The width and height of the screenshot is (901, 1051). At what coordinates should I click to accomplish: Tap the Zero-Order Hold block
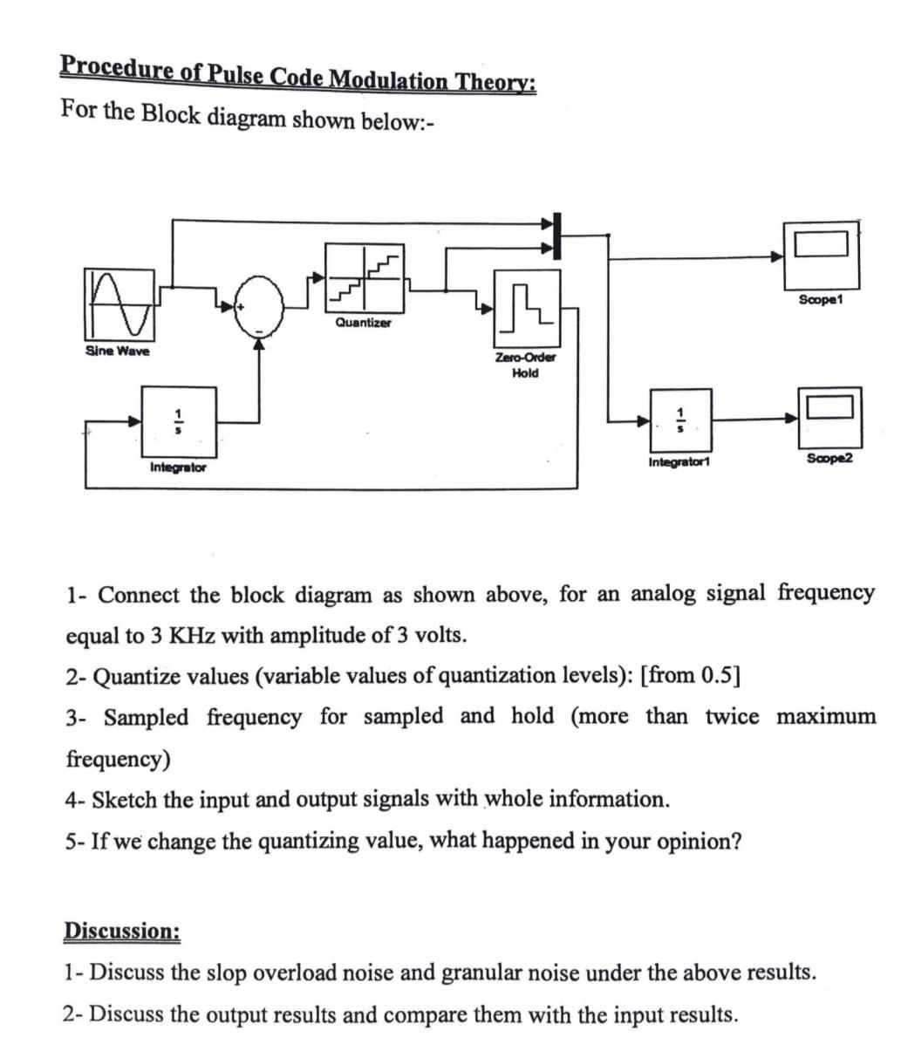(x=525, y=308)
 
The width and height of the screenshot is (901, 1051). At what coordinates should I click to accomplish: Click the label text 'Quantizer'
(x=364, y=323)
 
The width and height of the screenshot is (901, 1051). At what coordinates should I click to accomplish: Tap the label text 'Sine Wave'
(x=117, y=351)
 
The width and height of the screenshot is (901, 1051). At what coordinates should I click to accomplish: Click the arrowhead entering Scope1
(x=776, y=257)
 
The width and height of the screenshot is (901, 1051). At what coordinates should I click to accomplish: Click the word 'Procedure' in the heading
(x=117, y=69)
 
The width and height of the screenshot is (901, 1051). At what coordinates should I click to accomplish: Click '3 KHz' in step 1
(x=181, y=634)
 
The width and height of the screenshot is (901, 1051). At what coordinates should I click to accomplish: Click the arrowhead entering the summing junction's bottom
(x=258, y=345)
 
